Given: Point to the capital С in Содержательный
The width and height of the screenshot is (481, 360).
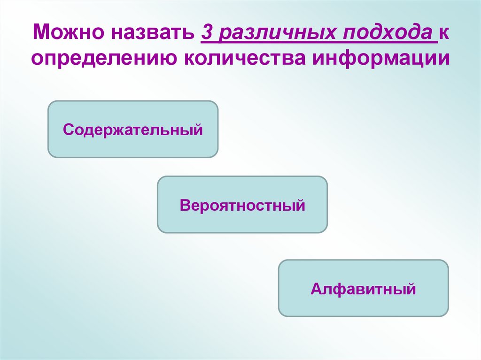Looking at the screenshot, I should (68, 129).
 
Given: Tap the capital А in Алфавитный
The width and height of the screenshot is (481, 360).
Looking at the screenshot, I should (315, 289).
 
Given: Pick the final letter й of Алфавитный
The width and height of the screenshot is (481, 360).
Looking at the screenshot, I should (411, 288).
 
